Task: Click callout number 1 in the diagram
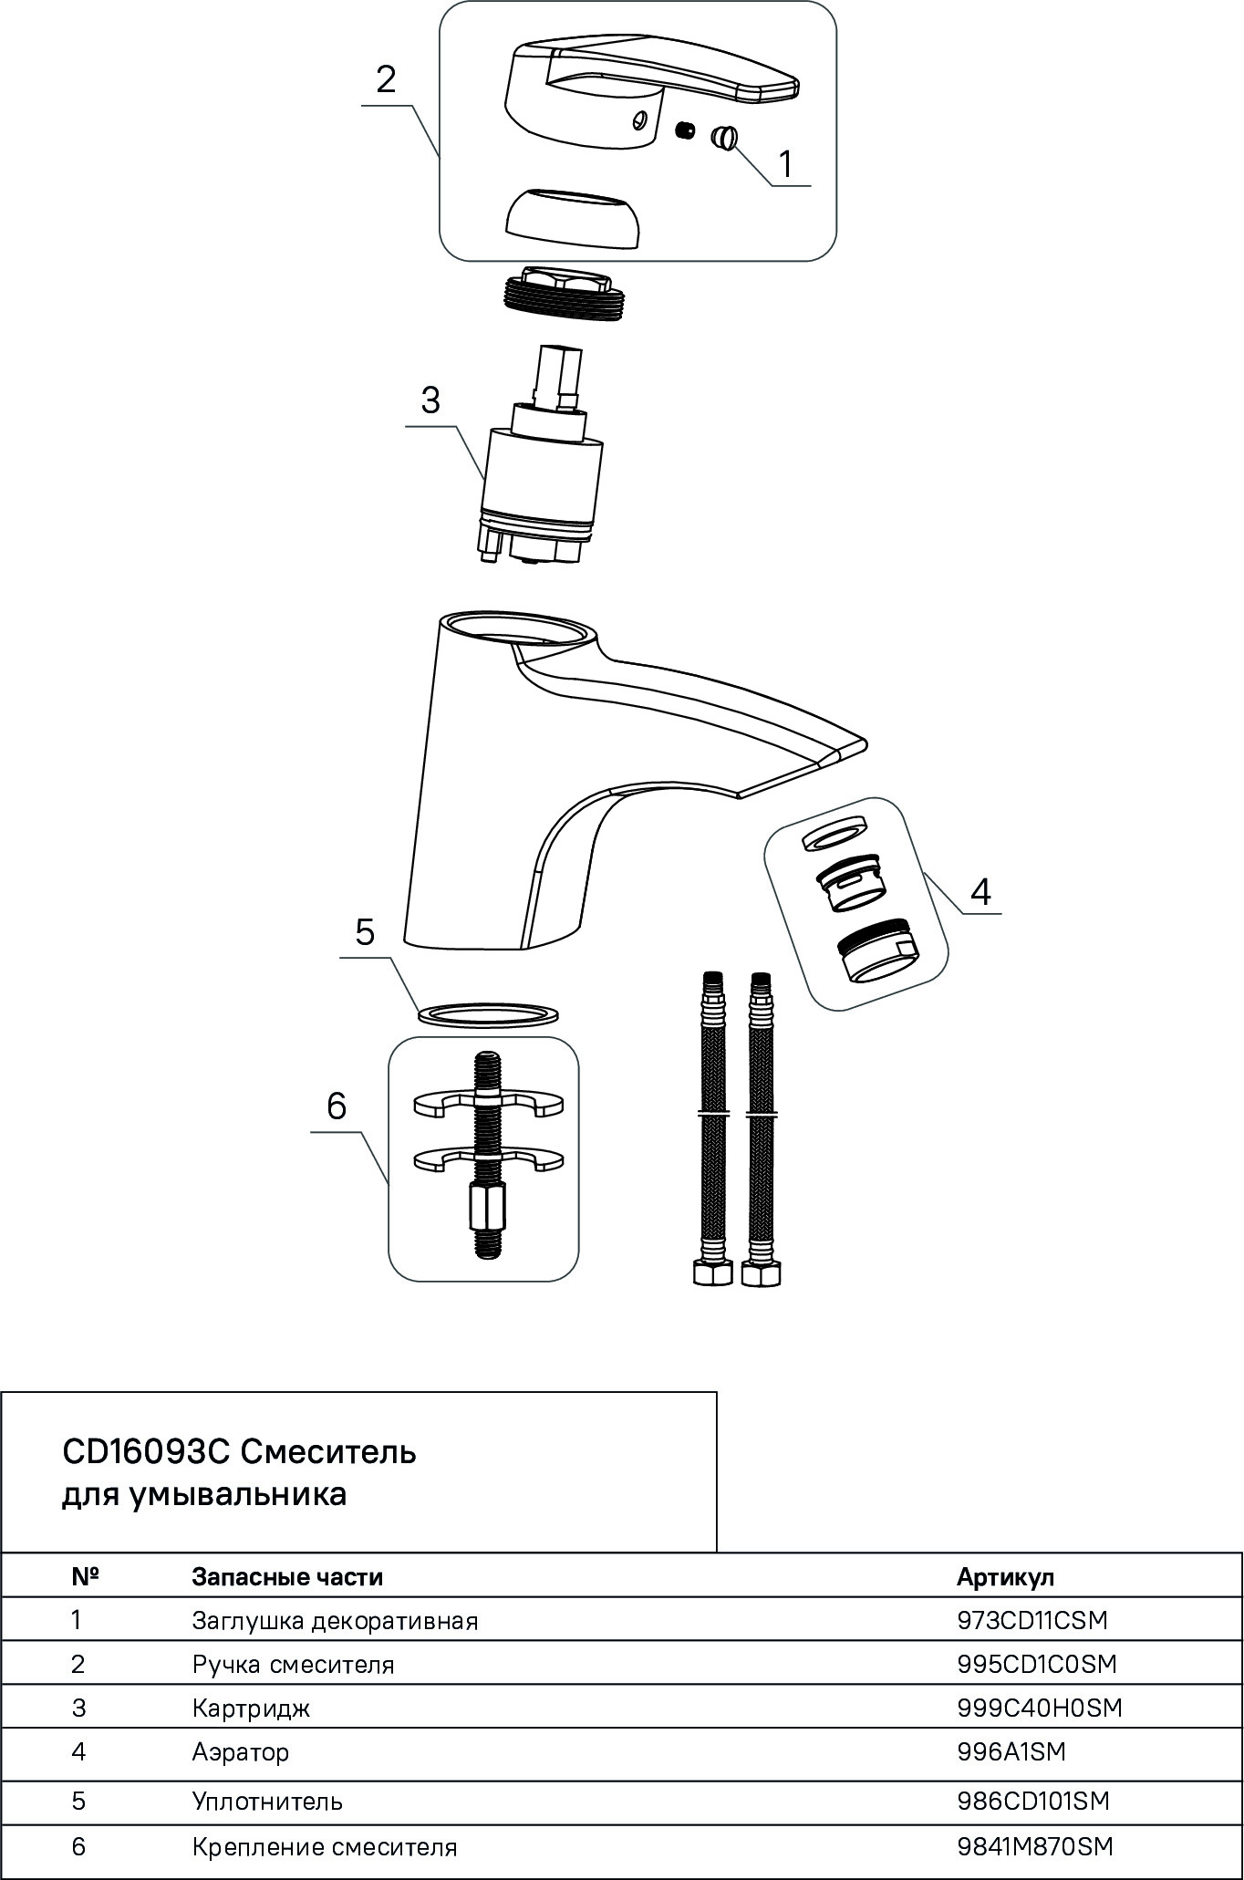[x=785, y=164]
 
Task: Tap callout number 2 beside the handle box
[x=386, y=80]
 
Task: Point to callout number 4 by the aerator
[x=980, y=890]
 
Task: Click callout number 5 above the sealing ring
[x=365, y=933]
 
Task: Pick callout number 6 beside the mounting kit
[x=337, y=1106]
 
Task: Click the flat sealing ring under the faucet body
[x=489, y=1013]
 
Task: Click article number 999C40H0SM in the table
[x=1040, y=1708]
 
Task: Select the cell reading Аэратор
[x=241, y=1752]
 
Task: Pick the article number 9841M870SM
[x=1035, y=1847]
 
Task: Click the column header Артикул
[x=1005, y=1577]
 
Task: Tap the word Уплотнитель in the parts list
[x=267, y=1802]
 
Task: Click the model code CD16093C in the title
[x=146, y=1451]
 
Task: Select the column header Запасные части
[x=287, y=1577]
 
